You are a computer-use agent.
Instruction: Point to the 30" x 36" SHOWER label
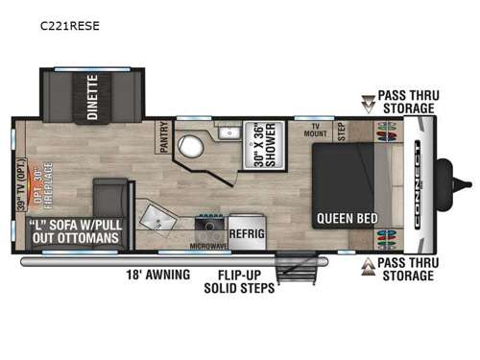point(256,145)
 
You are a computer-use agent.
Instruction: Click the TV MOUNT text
point(313,132)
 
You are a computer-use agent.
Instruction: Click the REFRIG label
point(246,232)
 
